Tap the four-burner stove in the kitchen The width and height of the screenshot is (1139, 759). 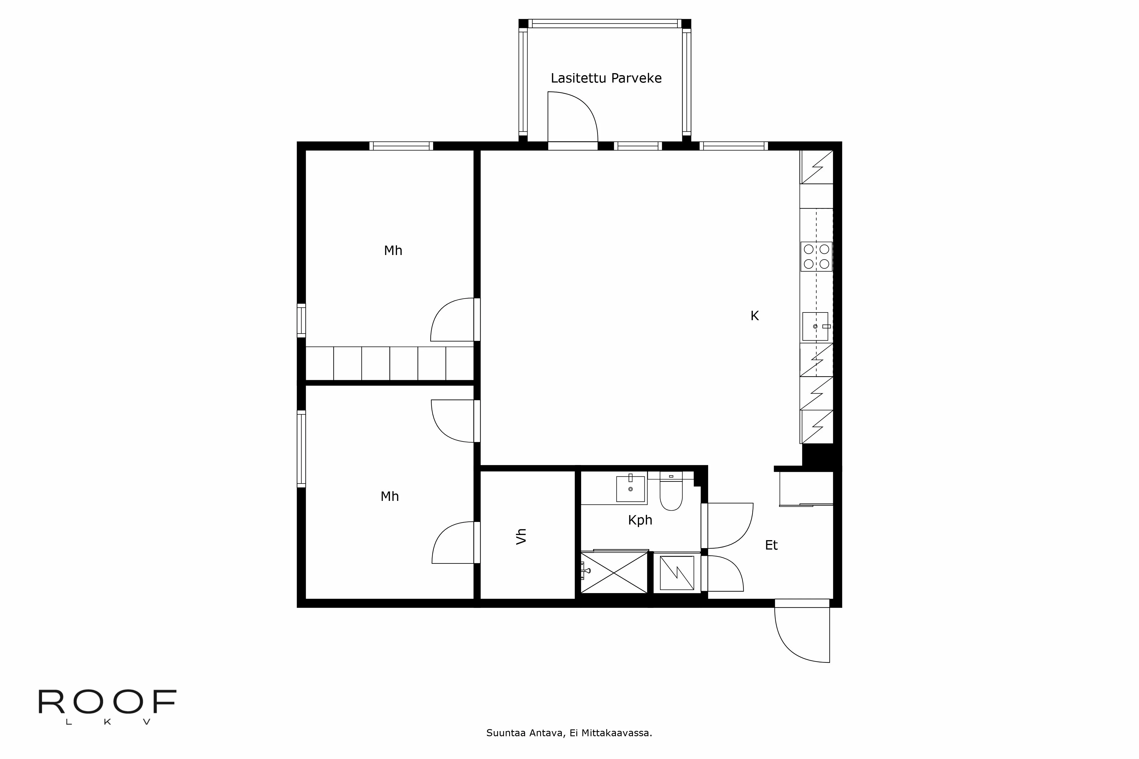tap(816, 256)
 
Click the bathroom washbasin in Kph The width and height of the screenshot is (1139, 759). tap(630, 489)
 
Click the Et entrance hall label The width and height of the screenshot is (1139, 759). tap(771, 545)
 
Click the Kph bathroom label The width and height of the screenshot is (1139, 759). tap(640, 520)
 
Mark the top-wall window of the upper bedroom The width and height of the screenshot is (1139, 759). tap(401, 146)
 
